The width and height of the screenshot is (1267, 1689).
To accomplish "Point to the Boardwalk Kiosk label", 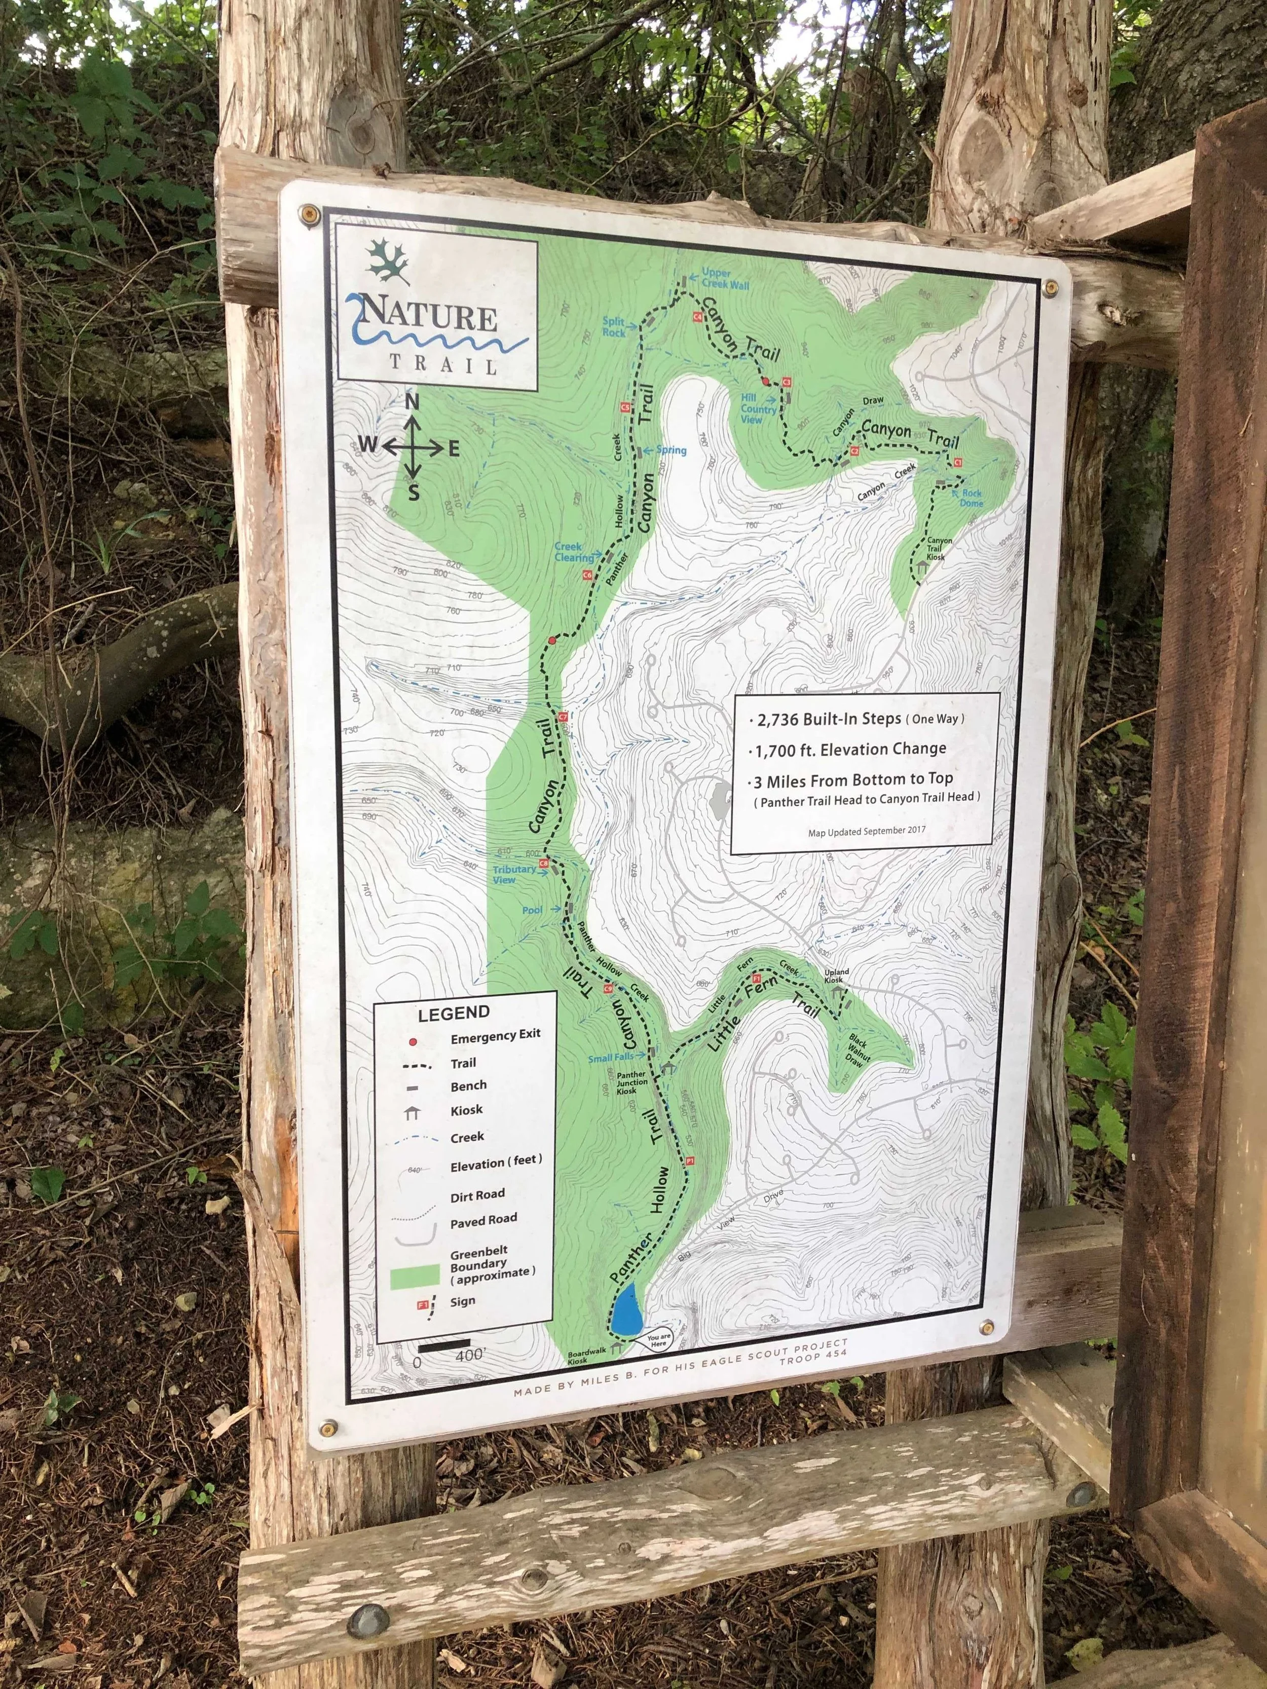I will (587, 1356).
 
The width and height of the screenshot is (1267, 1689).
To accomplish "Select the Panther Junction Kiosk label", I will (631, 1083).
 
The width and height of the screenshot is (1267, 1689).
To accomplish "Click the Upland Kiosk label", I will (836, 976).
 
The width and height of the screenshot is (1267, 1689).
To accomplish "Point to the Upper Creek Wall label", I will (724, 279).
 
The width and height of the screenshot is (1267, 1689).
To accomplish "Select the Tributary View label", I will (513, 874).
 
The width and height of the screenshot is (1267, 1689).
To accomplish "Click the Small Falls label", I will (610, 1058).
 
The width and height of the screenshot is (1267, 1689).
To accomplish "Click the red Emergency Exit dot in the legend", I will (413, 1041).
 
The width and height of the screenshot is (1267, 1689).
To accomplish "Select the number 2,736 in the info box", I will (780, 719).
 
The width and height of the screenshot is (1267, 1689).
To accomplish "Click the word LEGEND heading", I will (453, 1013).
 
